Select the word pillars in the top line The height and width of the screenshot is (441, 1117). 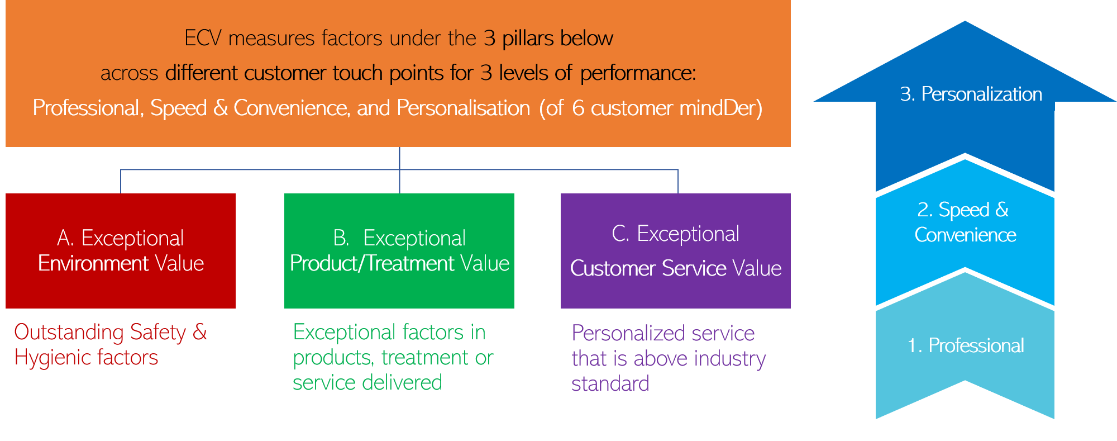click(528, 39)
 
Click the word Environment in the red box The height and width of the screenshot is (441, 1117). click(93, 263)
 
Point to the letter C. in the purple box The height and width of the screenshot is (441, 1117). click(620, 234)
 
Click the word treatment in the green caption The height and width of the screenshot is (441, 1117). click(425, 358)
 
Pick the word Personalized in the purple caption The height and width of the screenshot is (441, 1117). click(620, 334)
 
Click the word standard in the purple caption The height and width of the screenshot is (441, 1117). click(610, 384)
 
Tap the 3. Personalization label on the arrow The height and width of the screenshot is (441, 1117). click(971, 94)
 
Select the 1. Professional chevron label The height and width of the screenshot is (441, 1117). click(966, 345)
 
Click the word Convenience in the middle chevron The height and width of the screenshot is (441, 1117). click(965, 235)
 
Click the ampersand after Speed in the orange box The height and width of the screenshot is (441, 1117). click(220, 108)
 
